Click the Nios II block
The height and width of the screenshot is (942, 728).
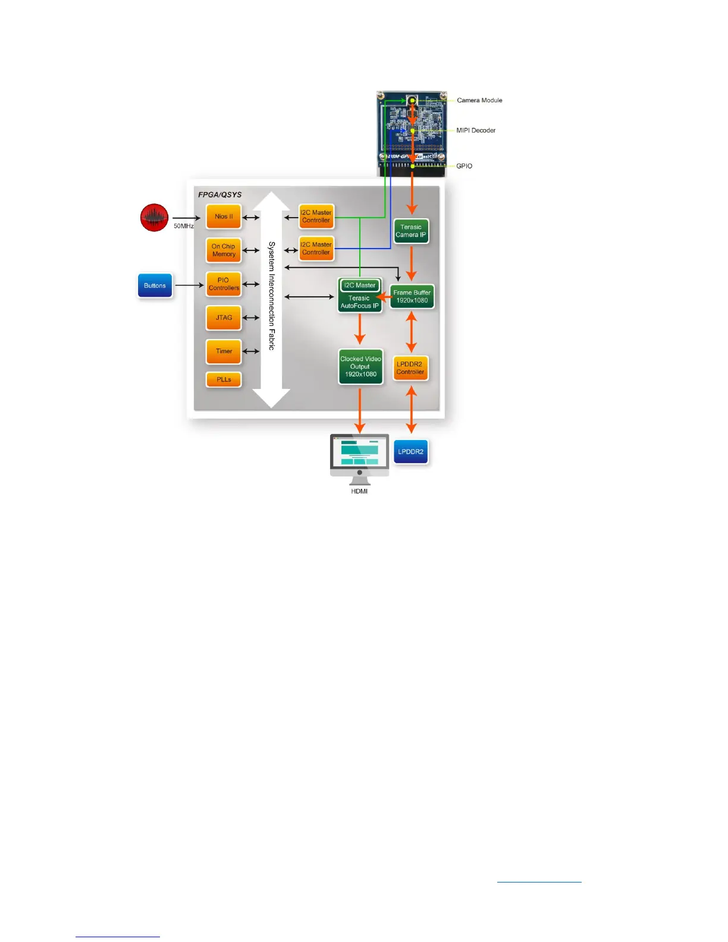[224, 216]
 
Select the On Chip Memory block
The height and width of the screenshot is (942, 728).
[224, 250]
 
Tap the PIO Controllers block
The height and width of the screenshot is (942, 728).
[224, 284]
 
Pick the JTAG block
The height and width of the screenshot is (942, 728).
[224, 318]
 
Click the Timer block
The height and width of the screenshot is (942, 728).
[224, 351]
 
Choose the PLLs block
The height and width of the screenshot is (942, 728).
[224, 379]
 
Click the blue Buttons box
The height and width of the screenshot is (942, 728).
[155, 285]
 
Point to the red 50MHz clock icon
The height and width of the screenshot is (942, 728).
[154, 218]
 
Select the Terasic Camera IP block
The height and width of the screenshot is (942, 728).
[411, 231]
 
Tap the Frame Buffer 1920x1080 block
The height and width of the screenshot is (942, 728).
[412, 297]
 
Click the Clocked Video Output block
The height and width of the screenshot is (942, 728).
[360, 366]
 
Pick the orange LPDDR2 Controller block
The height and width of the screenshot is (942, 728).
[410, 368]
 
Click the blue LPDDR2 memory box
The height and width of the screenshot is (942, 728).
[410, 452]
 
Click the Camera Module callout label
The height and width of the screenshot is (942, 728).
[479, 101]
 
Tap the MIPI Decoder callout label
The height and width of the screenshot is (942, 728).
[476, 130]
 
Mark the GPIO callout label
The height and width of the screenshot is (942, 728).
[464, 166]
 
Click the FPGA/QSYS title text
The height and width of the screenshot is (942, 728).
[219, 194]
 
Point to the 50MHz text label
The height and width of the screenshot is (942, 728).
[183, 226]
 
